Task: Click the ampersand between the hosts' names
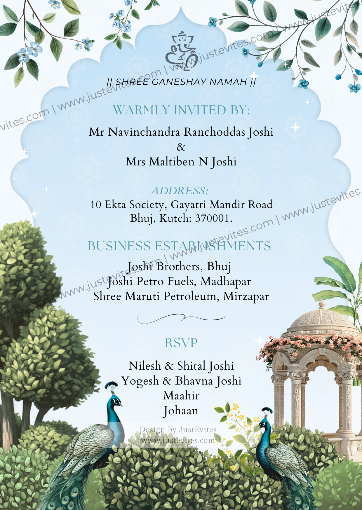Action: tap(181, 147)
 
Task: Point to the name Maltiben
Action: tap(172, 162)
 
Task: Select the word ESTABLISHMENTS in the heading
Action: tap(213, 246)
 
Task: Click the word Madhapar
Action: tap(226, 282)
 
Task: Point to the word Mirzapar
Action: tap(246, 296)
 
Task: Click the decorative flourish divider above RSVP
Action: tap(182, 317)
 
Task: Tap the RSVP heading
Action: tap(181, 343)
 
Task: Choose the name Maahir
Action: tap(181, 396)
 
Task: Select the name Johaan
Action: tap(181, 411)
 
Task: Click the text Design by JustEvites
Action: tap(178, 430)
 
